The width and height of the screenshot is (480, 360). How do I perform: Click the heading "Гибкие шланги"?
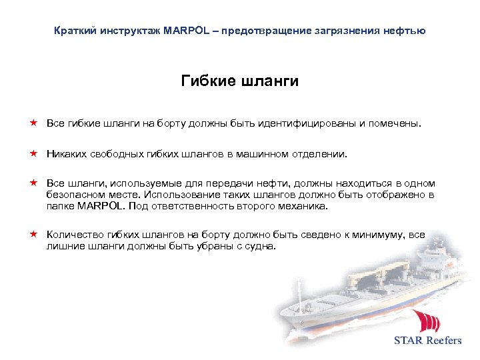click(239, 81)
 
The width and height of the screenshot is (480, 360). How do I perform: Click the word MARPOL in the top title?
click(181, 31)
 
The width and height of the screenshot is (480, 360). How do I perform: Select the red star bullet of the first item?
click(32, 123)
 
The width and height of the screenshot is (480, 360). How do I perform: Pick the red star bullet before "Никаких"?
click(32, 153)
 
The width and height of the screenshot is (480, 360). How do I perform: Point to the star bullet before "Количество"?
click(32, 235)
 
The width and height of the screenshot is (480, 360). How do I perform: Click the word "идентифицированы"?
click(311, 123)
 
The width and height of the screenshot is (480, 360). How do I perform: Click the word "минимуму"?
click(379, 235)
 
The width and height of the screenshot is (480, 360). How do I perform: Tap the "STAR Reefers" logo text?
click(427, 340)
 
